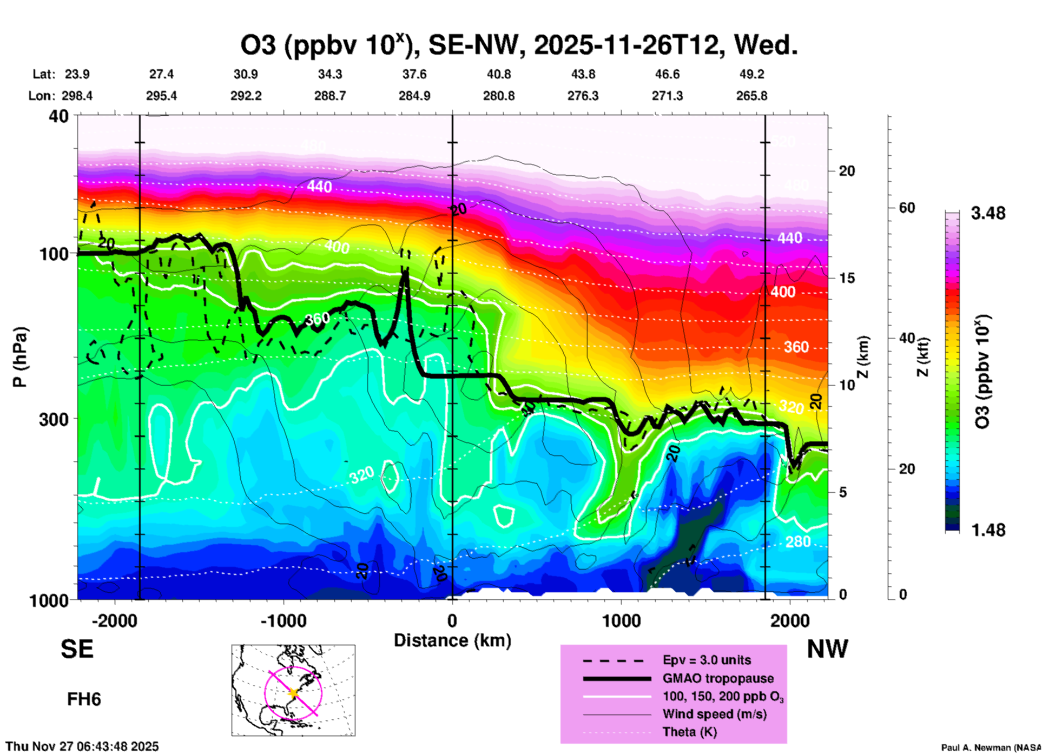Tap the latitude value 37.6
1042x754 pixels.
414,74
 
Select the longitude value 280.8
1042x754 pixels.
498,96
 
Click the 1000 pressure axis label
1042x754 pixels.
48,600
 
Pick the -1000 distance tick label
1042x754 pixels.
283,621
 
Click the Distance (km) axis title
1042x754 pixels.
452,640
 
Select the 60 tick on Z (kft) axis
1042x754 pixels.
907,208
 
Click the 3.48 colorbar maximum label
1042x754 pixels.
988,214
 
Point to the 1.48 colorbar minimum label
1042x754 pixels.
988,530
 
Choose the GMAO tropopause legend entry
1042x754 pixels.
717,678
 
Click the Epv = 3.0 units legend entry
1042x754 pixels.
706,660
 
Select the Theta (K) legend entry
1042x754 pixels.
689,732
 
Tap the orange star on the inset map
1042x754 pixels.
293,693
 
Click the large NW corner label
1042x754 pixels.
827,649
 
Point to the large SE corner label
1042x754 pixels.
77,649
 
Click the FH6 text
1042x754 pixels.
84,699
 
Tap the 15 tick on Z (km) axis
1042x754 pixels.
847,278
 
